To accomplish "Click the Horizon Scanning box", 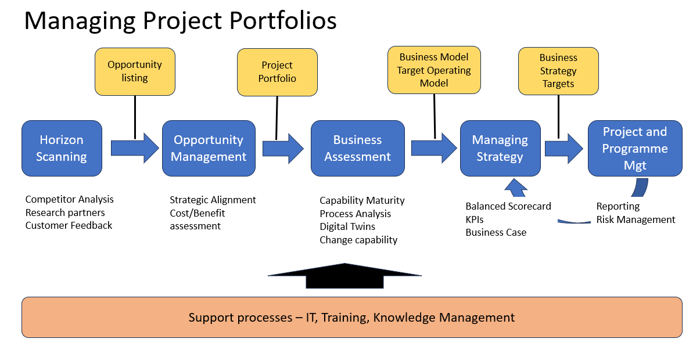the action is tap(62, 148).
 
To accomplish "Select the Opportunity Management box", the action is tap(209, 148).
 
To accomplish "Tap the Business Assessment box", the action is tap(357, 148).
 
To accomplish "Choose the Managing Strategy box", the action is tap(500, 148).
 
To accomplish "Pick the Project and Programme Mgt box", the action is tap(635, 148).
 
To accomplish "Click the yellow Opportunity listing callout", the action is tap(135, 71).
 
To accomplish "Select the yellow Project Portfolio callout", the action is tap(277, 72).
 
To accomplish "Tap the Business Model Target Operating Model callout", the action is tap(434, 70).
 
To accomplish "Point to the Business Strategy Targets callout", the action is tap(558, 71).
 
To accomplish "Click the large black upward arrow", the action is tap(344, 276).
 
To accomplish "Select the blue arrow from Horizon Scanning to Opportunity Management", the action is tap(135, 148).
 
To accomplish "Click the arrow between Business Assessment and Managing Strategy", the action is tap(434, 148).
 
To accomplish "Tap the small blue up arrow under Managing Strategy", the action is tap(516, 188).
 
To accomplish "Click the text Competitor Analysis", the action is tap(69, 199).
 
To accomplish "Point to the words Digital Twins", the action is tap(347, 226).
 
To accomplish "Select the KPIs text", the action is tap(475, 219).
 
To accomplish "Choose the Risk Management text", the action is tap(636, 219).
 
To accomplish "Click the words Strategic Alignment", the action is tap(213, 200).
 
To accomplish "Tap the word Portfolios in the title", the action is tap(283, 20).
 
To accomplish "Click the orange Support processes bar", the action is tap(352, 317).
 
